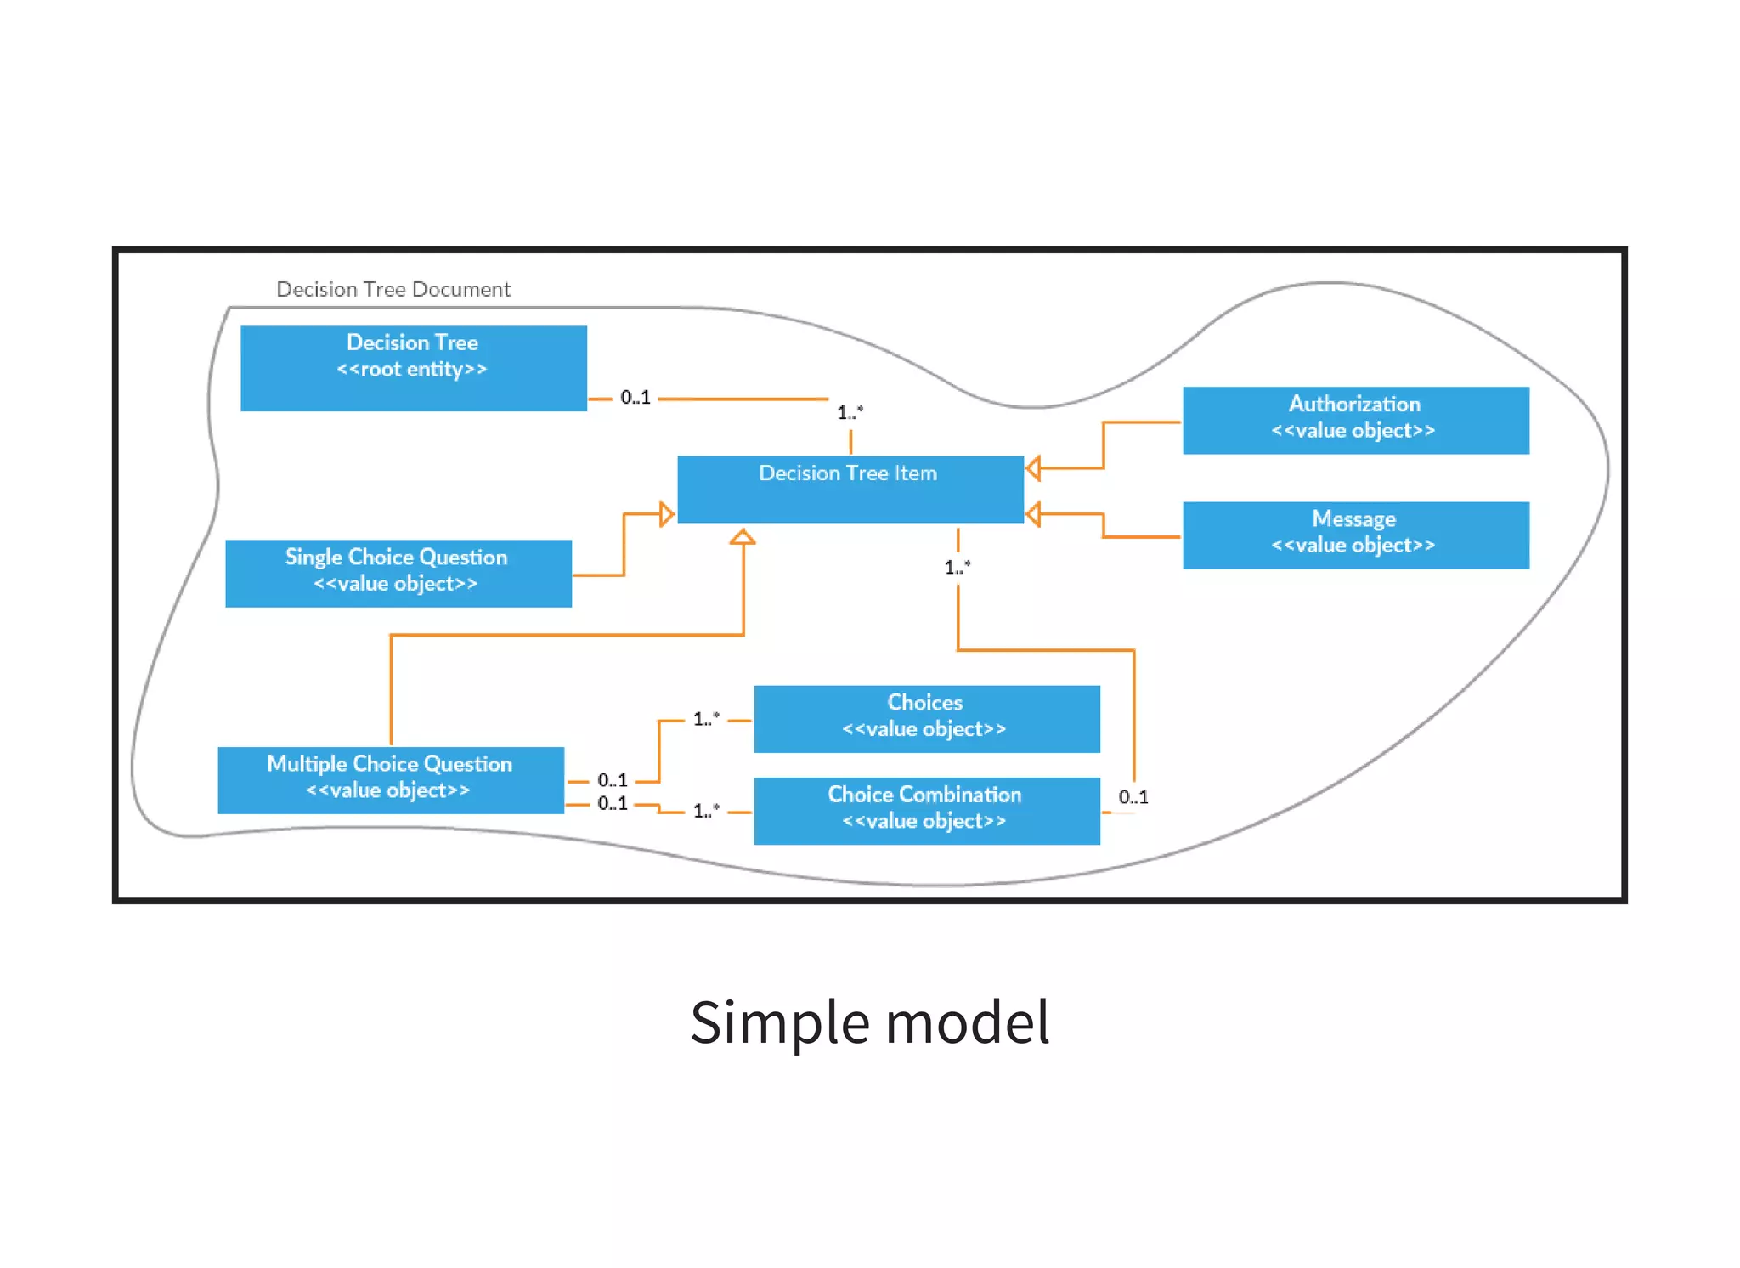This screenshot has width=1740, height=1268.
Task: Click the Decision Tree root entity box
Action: coord(413,368)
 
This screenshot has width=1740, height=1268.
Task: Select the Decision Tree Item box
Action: coord(850,489)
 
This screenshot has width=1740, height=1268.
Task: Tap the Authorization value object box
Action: coord(1355,420)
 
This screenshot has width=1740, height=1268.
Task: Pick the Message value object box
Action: coord(1355,535)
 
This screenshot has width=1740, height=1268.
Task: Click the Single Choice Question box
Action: coord(398,573)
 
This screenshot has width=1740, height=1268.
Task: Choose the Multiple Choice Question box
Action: coord(390,779)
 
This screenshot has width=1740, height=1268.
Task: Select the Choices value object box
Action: coord(926,718)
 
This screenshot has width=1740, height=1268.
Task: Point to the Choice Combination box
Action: coord(926,810)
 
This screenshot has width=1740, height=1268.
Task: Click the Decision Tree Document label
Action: coord(393,289)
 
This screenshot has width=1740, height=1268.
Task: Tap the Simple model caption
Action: coord(869,1022)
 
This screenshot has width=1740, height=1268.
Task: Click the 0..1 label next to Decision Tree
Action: coord(635,397)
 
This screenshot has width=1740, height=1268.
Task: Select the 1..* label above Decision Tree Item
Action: coord(850,412)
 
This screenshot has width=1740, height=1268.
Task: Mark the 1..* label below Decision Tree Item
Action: coord(957,567)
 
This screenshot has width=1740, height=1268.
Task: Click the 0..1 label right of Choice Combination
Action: coord(1133,796)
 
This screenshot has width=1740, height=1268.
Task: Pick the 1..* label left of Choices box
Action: coord(706,719)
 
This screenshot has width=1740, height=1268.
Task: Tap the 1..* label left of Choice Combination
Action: coord(706,811)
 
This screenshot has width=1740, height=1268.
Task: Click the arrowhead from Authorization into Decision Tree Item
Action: coord(1034,467)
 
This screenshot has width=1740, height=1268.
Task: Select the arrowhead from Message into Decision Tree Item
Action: coord(1034,514)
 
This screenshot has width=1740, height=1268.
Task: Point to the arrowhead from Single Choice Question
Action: coord(667,514)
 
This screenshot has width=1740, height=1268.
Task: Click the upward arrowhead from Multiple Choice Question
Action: coord(743,537)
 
